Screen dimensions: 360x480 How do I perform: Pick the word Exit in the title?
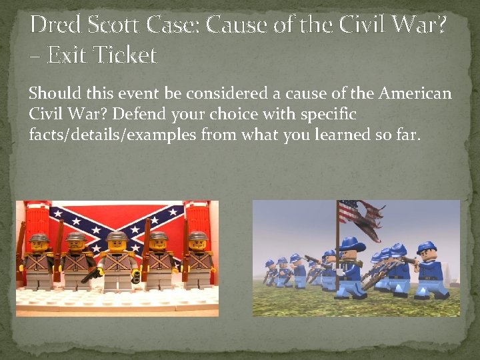[x=64, y=54]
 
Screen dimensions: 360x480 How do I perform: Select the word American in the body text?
[x=415, y=93]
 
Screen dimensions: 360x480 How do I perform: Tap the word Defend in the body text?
[x=163, y=114]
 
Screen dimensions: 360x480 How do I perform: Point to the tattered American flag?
[x=360, y=217]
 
